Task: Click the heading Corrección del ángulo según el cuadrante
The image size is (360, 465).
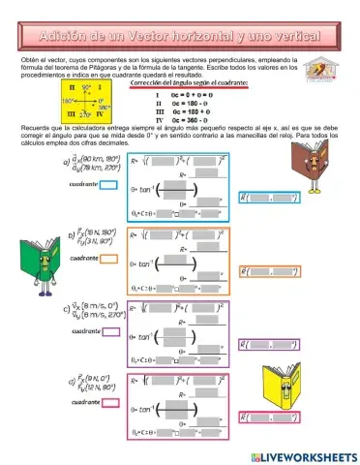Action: (188, 84)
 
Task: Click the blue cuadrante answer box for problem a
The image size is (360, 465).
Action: (108, 182)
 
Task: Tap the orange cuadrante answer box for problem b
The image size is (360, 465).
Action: (109, 259)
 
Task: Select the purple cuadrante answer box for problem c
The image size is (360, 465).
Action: (109, 332)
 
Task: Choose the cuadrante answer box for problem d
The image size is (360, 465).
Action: (109, 401)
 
